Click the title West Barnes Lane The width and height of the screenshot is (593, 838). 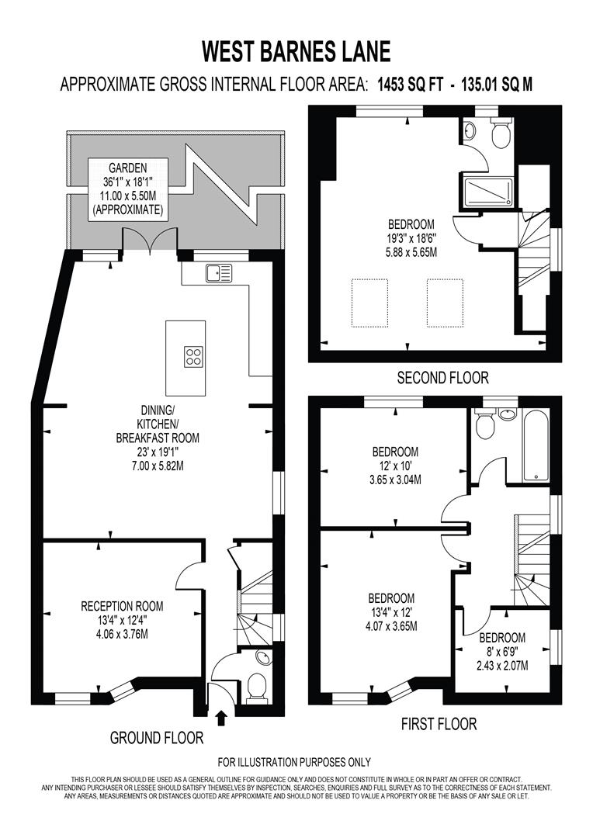point(296,51)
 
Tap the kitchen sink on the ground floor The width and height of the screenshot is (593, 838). point(218,272)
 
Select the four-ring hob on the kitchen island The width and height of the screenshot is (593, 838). point(194,356)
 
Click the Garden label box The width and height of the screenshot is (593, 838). point(127,188)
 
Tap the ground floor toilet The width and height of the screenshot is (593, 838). point(255,686)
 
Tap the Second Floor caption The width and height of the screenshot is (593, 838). point(442,378)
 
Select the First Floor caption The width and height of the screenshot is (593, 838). point(439,725)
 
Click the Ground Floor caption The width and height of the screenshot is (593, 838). point(157,737)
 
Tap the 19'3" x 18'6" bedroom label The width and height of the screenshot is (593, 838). point(412,238)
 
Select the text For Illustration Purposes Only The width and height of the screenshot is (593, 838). point(294,762)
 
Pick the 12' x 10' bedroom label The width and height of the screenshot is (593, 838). point(395,466)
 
